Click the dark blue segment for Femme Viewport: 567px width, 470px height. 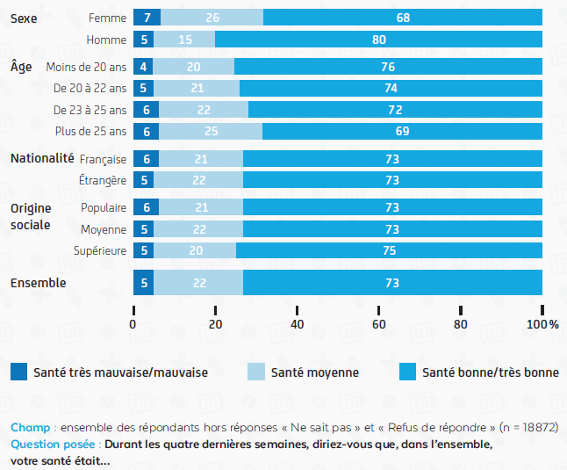[147, 18]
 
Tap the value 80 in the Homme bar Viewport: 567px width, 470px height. [379, 40]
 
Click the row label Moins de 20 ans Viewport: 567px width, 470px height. [86, 67]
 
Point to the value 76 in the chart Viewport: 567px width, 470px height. [388, 67]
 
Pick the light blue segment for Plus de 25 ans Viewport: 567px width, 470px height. [211, 131]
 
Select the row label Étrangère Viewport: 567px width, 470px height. [104, 180]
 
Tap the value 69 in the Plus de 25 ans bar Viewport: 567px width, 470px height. [402, 131]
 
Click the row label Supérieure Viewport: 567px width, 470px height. [101, 250]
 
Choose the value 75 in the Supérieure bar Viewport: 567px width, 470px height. [390, 250]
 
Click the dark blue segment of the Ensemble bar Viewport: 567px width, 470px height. [143, 283]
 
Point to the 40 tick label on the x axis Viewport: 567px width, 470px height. [297, 325]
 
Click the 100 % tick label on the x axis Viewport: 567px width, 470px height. [542, 325]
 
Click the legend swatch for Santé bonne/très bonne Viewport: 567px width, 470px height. [406, 372]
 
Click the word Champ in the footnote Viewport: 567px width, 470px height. [29, 428]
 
